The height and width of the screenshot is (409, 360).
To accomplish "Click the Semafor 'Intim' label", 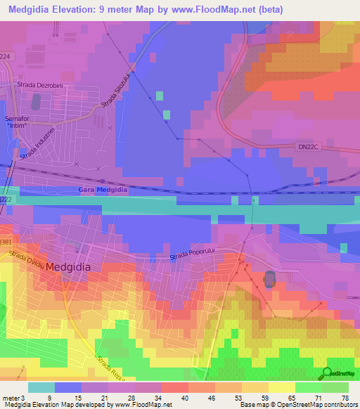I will point(19,122).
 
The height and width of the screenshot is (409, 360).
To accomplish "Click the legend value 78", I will point(345,398).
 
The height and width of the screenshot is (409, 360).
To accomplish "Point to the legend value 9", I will point(49,398).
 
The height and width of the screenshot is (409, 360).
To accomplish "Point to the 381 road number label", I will point(6,242).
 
